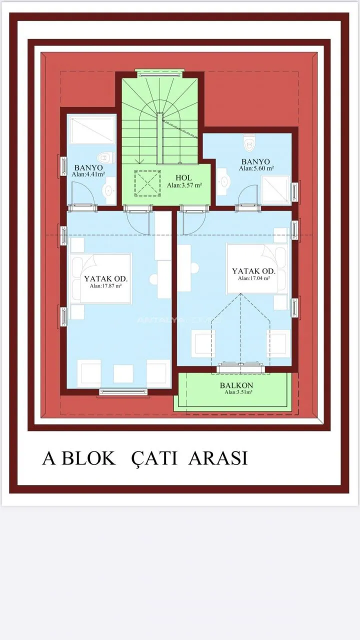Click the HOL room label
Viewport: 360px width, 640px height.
183,177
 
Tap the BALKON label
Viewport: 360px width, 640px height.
236,385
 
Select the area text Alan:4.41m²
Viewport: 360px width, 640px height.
88,174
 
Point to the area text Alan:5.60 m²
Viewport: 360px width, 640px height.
256,168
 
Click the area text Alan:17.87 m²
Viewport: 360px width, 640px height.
105,285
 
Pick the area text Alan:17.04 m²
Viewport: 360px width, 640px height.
253,278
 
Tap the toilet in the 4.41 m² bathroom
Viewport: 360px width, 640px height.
105,157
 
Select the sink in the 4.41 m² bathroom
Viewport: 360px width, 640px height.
109,190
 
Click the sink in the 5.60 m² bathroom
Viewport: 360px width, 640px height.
223,181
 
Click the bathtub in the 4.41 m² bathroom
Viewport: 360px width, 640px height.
92,129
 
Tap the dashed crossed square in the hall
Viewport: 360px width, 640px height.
147,183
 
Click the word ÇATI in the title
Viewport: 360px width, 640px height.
154,458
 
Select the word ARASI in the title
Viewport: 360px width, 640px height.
217,458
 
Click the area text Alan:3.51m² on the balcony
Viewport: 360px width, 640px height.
238,392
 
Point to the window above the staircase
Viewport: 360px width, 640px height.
160,73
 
